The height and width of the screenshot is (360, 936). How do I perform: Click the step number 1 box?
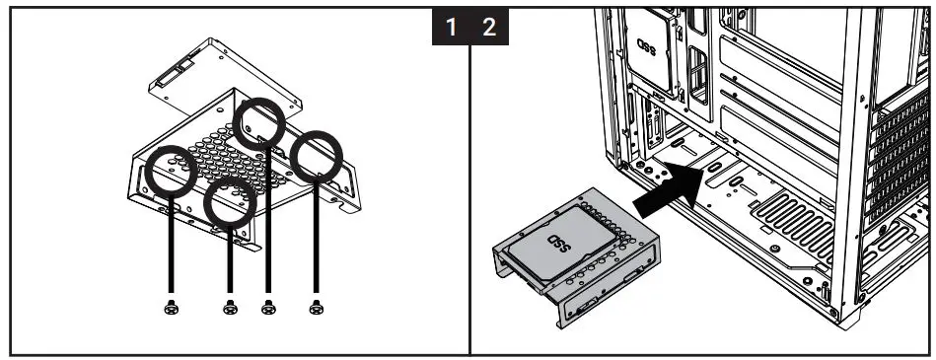click(x=451, y=28)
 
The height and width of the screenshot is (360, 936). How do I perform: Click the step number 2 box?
click(x=489, y=28)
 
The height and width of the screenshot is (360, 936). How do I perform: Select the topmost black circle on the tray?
click(x=259, y=123)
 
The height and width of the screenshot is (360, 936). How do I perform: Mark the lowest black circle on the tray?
click(x=231, y=203)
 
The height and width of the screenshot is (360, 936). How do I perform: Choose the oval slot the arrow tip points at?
click(x=714, y=170)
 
